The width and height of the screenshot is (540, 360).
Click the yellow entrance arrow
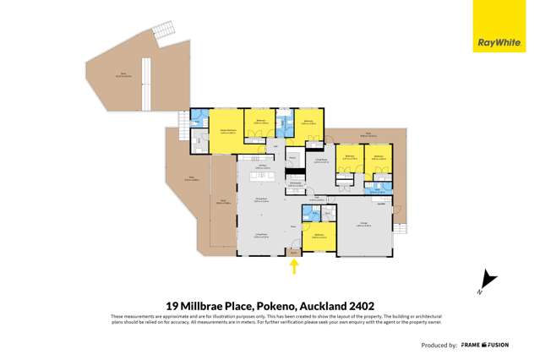pyautogui.click(x=294, y=267)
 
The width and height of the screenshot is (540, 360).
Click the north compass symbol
pyautogui.click(x=484, y=280)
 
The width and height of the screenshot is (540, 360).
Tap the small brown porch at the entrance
pyautogui.click(x=294, y=252)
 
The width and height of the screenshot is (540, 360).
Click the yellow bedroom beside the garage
pyautogui.click(x=319, y=237)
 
